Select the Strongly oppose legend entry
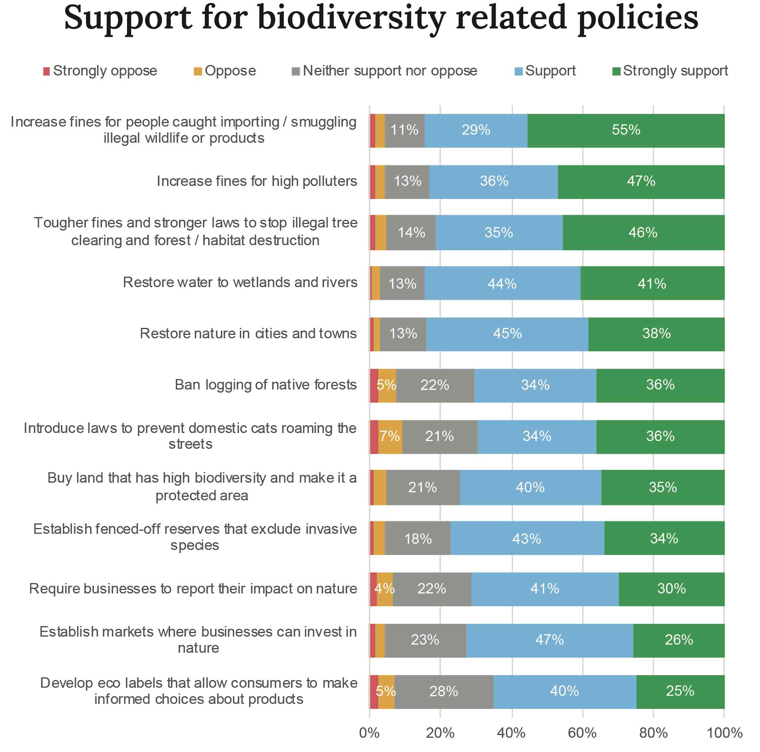coord(100,71)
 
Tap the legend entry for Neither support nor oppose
coord(385,71)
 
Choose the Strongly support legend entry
coord(670,71)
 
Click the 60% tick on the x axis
coord(582,733)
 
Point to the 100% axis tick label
coord(724,733)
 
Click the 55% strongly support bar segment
coord(626,131)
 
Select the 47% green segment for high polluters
coord(641,182)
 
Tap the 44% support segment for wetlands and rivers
coord(502,283)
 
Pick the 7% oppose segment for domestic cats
coord(390,436)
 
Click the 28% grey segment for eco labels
coord(444,692)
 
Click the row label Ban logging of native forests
coord(265,385)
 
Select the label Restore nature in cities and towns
coord(248,334)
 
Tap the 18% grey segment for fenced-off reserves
coord(418,538)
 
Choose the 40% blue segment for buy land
coord(530,487)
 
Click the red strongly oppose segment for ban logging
coord(374,385)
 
